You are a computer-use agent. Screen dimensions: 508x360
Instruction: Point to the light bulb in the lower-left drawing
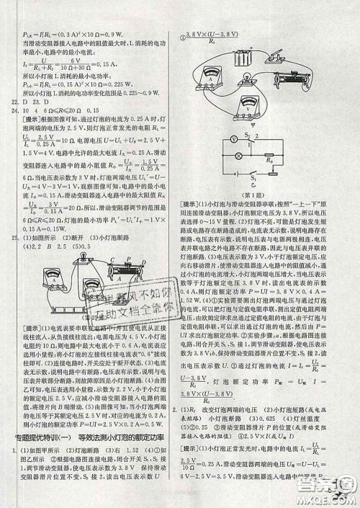pyautogui.click(x=76, y=267)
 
